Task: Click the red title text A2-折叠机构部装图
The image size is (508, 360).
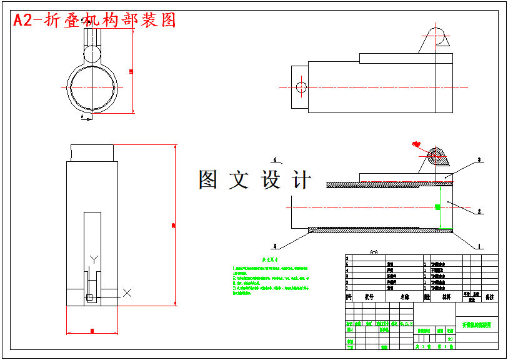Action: pyautogui.click(x=94, y=20)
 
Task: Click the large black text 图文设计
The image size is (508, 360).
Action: pyautogui.click(x=254, y=180)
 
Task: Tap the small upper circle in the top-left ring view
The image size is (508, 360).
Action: pyautogui.click(x=92, y=54)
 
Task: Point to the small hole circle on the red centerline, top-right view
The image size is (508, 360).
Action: pyautogui.click(x=301, y=87)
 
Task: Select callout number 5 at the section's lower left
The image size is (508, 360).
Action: pyautogui.click(x=276, y=246)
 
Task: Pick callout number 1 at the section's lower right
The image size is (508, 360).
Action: pyautogui.click(x=479, y=246)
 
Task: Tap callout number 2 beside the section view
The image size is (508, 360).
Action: pyautogui.click(x=479, y=212)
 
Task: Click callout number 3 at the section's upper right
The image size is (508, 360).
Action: pyautogui.click(x=479, y=160)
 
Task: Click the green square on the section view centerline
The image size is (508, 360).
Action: pyautogui.click(x=437, y=206)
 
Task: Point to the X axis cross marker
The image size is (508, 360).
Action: pyautogui.click(x=127, y=292)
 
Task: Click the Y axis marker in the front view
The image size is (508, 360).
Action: pyautogui.click(x=94, y=259)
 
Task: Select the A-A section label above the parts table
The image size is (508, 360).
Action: pyautogui.click(x=374, y=252)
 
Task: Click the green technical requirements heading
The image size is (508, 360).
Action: pyautogui.click(x=270, y=259)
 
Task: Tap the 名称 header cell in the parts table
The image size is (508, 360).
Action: pyautogui.click(x=404, y=297)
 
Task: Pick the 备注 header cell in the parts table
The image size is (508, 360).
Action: pyautogui.click(x=489, y=297)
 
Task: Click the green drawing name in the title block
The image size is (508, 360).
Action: pyautogui.click(x=477, y=325)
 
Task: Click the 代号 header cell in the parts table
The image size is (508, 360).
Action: pyautogui.click(x=369, y=297)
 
